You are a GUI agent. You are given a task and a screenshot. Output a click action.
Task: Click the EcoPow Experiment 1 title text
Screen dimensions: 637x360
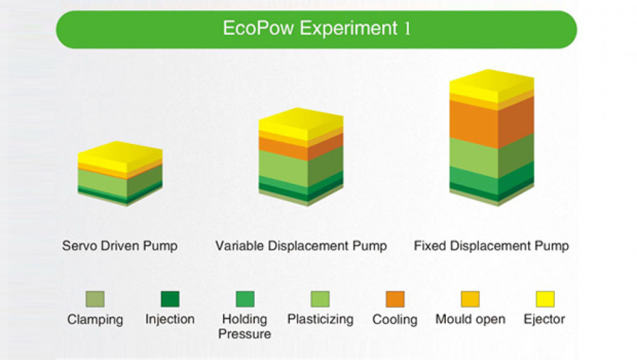point(317,29)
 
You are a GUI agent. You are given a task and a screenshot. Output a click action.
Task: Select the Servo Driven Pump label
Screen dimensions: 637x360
point(120,246)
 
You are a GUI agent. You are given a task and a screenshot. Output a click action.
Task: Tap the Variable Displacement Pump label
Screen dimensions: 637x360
point(301,246)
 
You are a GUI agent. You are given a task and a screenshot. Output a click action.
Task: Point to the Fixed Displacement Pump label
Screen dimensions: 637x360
point(491,246)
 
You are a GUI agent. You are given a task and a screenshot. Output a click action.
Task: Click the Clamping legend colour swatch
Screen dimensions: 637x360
point(95,299)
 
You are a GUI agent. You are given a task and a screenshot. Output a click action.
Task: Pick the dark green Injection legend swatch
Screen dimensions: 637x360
point(170,299)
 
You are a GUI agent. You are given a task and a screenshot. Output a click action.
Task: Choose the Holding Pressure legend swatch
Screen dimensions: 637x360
point(245,299)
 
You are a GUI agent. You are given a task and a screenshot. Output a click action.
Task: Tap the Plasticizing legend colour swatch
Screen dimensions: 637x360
point(320,299)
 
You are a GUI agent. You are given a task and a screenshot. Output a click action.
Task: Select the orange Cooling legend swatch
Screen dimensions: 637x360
point(395,299)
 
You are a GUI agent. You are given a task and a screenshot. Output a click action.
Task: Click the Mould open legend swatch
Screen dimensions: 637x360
point(470,299)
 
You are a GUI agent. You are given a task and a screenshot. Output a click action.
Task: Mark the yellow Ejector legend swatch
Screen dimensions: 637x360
point(545,299)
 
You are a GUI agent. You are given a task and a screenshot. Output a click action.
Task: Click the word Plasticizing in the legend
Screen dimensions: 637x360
point(320,319)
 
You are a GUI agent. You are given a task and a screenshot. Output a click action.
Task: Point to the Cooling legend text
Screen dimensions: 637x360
point(395,319)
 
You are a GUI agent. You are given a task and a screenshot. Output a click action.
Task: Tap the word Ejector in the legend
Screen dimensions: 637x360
point(545,319)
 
